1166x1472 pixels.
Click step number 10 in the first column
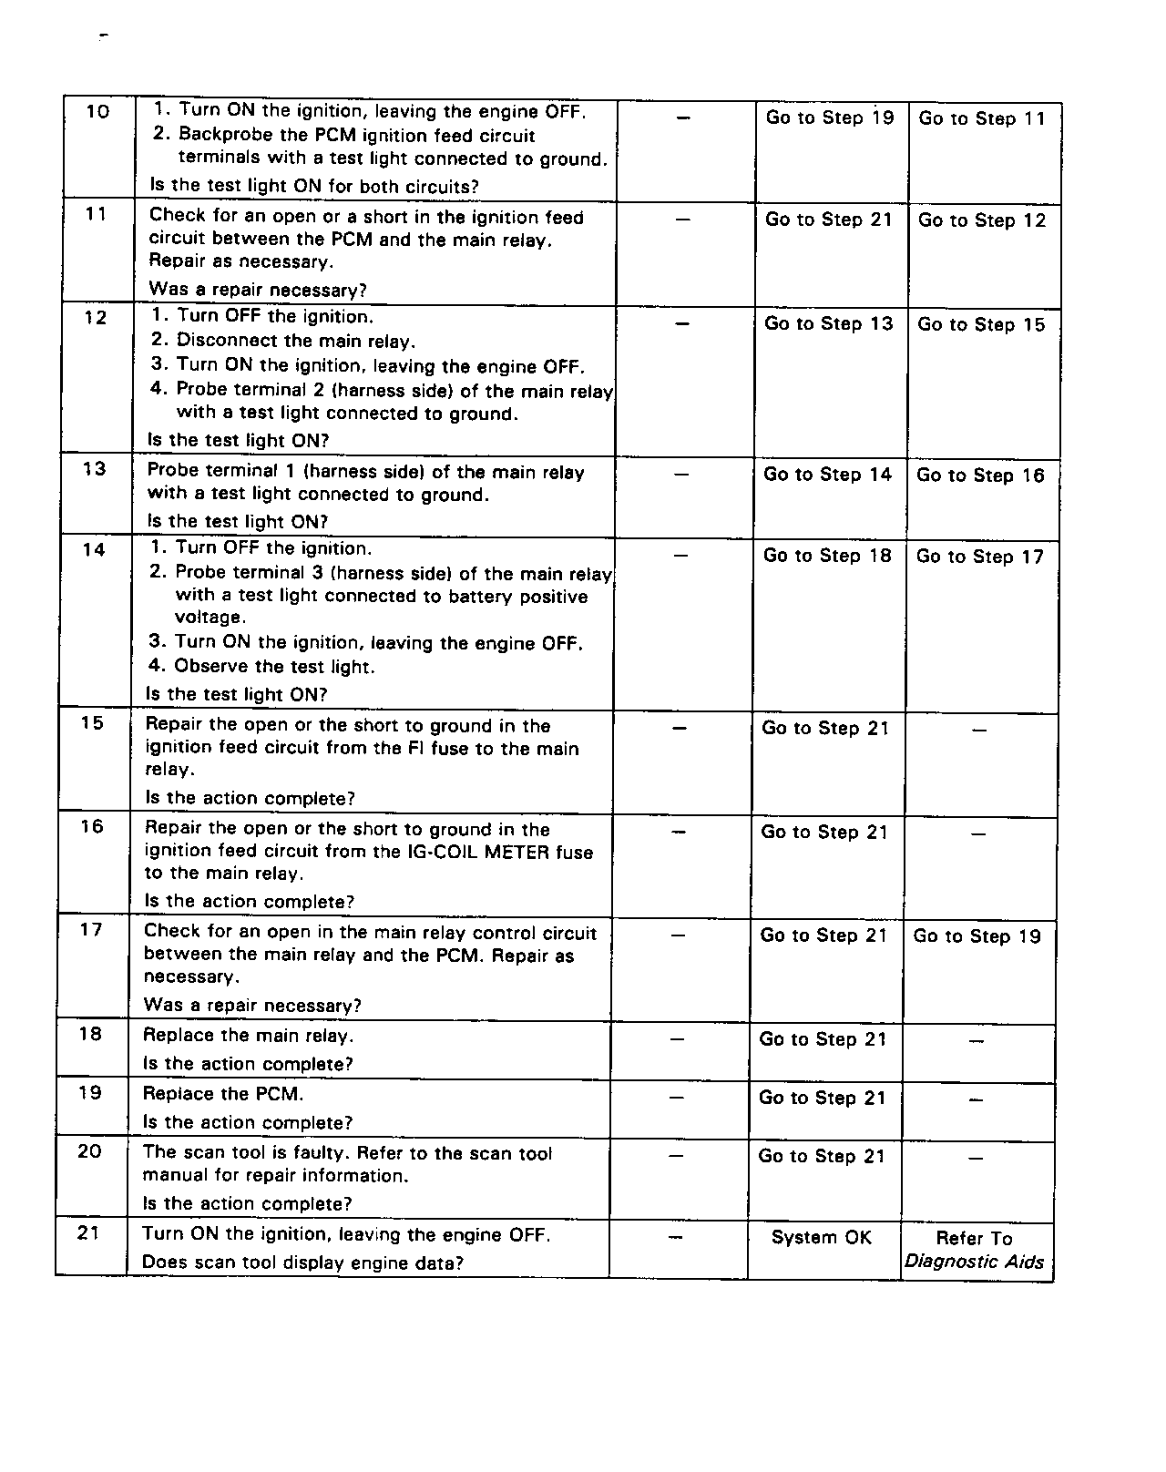click(97, 112)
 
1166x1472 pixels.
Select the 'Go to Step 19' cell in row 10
click(830, 118)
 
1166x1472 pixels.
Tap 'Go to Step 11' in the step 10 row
click(982, 118)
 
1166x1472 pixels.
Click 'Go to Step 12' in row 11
click(982, 220)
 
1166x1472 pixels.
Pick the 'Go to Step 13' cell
click(829, 324)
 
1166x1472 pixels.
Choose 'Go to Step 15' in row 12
click(981, 325)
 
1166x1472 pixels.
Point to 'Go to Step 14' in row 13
click(827, 475)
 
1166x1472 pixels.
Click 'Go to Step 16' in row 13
click(980, 475)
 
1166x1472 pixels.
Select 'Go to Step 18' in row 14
click(827, 556)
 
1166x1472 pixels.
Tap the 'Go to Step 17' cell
click(980, 557)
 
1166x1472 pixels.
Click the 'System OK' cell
click(822, 1238)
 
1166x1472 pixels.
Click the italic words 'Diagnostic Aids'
click(974, 1262)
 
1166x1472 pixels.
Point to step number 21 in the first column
click(88, 1233)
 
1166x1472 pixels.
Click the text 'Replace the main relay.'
click(249, 1036)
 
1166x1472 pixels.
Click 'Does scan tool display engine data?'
click(302, 1263)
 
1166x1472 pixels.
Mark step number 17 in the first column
click(91, 930)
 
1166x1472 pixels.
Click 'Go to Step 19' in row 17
click(977, 936)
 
